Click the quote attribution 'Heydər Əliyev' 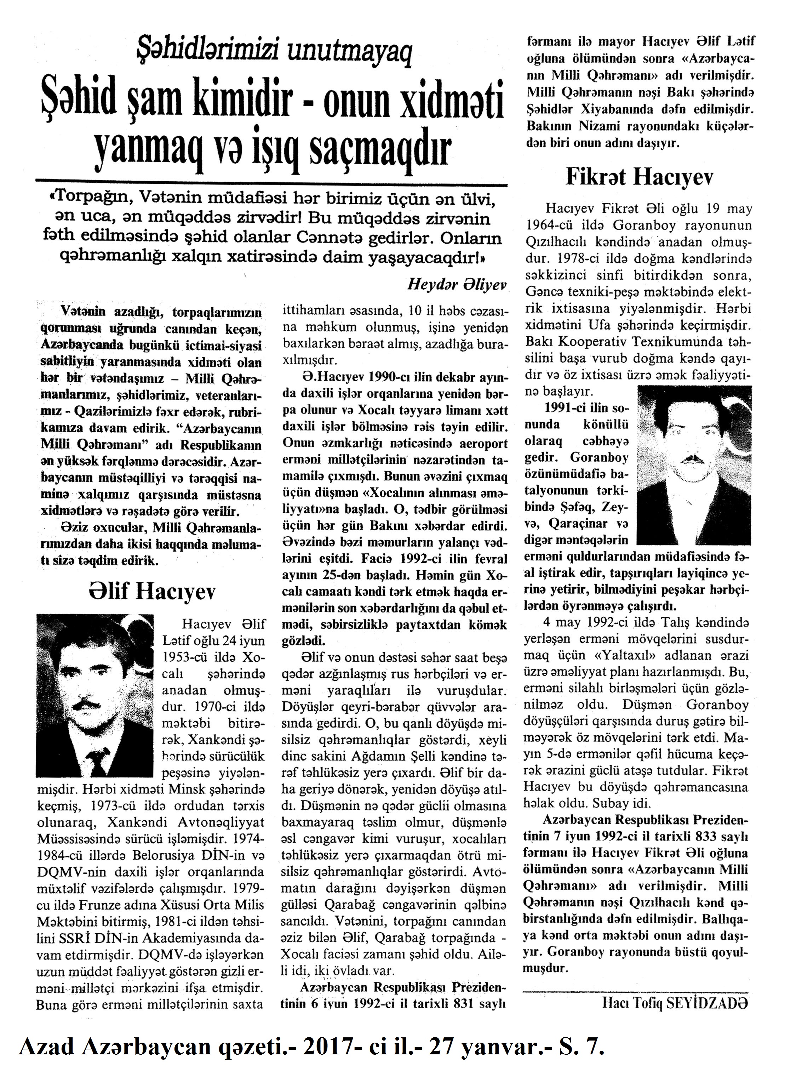(457, 285)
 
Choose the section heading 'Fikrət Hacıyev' (639, 178)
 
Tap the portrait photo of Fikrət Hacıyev (694, 465)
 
